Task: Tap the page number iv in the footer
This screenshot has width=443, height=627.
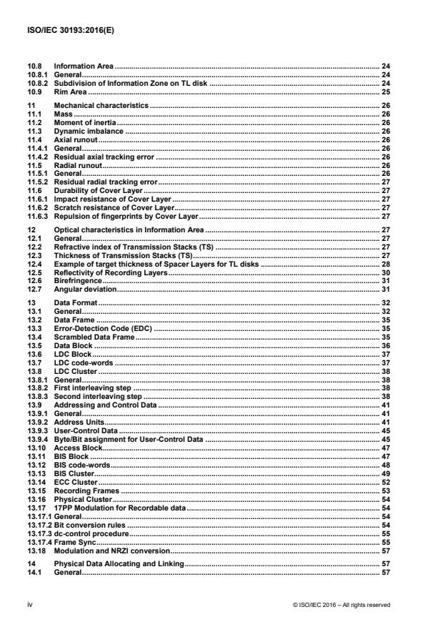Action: tap(30, 604)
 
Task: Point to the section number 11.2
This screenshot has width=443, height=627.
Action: tap(35, 120)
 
